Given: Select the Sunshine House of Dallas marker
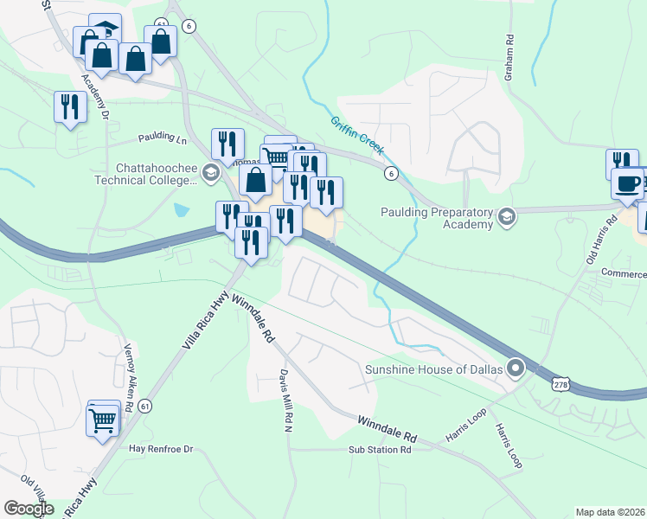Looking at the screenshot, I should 516,369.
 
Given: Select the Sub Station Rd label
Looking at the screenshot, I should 380,450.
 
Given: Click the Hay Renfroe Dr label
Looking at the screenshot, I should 160,449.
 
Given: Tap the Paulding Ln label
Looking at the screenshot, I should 163,138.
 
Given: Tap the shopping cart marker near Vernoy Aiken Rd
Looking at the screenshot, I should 103,420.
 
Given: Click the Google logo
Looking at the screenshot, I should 29,509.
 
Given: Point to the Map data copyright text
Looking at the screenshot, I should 610,512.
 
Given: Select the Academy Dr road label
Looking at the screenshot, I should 96,96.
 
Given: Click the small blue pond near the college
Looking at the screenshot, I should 180,209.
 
